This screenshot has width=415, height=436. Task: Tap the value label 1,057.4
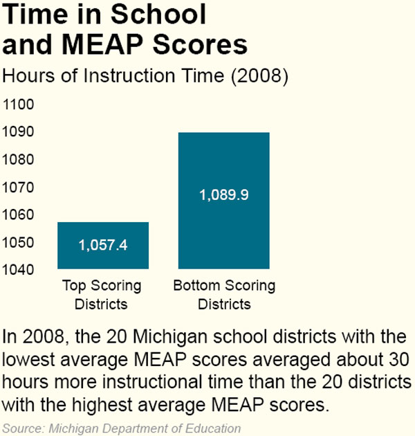pos(102,245)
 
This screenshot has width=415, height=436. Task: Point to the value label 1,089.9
pos(223,194)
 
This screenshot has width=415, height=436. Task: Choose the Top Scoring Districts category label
pos(102,294)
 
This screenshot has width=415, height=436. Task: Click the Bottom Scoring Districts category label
pos(223,294)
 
